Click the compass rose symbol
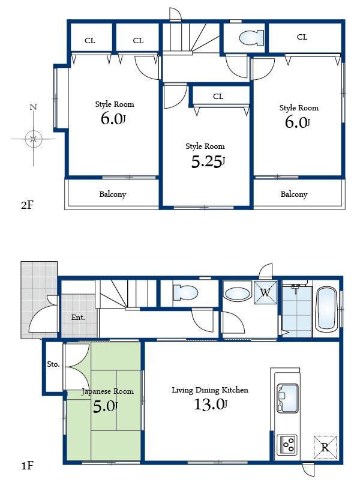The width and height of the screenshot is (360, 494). pos(34,139)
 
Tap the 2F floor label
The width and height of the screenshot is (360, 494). pos(27,205)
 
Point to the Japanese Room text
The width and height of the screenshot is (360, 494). pos(107,391)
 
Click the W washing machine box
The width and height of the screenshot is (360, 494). pos(265,293)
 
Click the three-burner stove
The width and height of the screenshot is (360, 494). pos(287,445)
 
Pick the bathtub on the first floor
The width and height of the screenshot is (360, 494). pos(327,309)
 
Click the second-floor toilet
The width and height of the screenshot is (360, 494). pos(250,38)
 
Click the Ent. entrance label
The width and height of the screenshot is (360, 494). pos(78,317)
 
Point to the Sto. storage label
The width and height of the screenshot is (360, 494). pos(53,364)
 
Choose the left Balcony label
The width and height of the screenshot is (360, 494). pos(112,194)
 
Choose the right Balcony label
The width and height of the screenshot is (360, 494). pos(294,194)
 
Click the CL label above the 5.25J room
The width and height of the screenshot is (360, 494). pos(218,96)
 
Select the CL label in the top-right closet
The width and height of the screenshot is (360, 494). pos(302,37)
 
